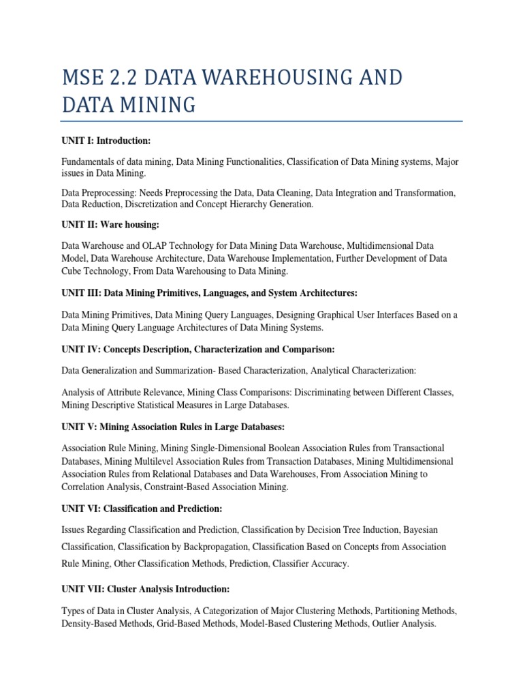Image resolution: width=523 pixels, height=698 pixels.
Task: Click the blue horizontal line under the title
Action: coord(261,121)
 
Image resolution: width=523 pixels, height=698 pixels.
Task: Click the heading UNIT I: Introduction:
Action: coord(106,141)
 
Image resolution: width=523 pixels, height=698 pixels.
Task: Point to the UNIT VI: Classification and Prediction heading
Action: coord(143,509)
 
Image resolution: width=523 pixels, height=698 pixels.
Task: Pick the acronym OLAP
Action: coord(167,245)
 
